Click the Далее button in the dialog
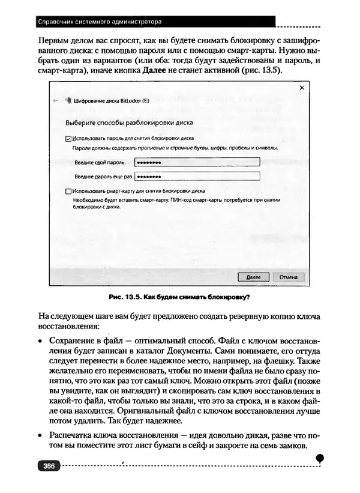pyautogui.click(x=254, y=277)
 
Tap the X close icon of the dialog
pyautogui.click(x=302, y=88)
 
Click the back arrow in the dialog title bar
pyautogui.click(x=56, y=101)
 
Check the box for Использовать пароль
pyautogui.click(x=67, y=138)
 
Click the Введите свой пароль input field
pyautogui.click(x=196, y=162)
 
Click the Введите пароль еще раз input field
pyautogui.click(x=196, y=176)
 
